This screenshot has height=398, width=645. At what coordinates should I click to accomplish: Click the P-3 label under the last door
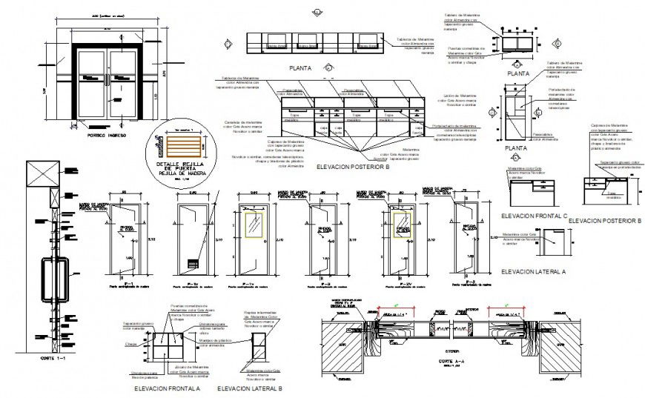[x=460, y=282]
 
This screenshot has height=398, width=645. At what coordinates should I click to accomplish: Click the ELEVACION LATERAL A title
[x=533, y=272]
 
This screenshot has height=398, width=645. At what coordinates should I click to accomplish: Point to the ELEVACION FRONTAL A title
[x=166, y=388]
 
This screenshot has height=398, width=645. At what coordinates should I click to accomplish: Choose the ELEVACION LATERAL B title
[x=250, y=388]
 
